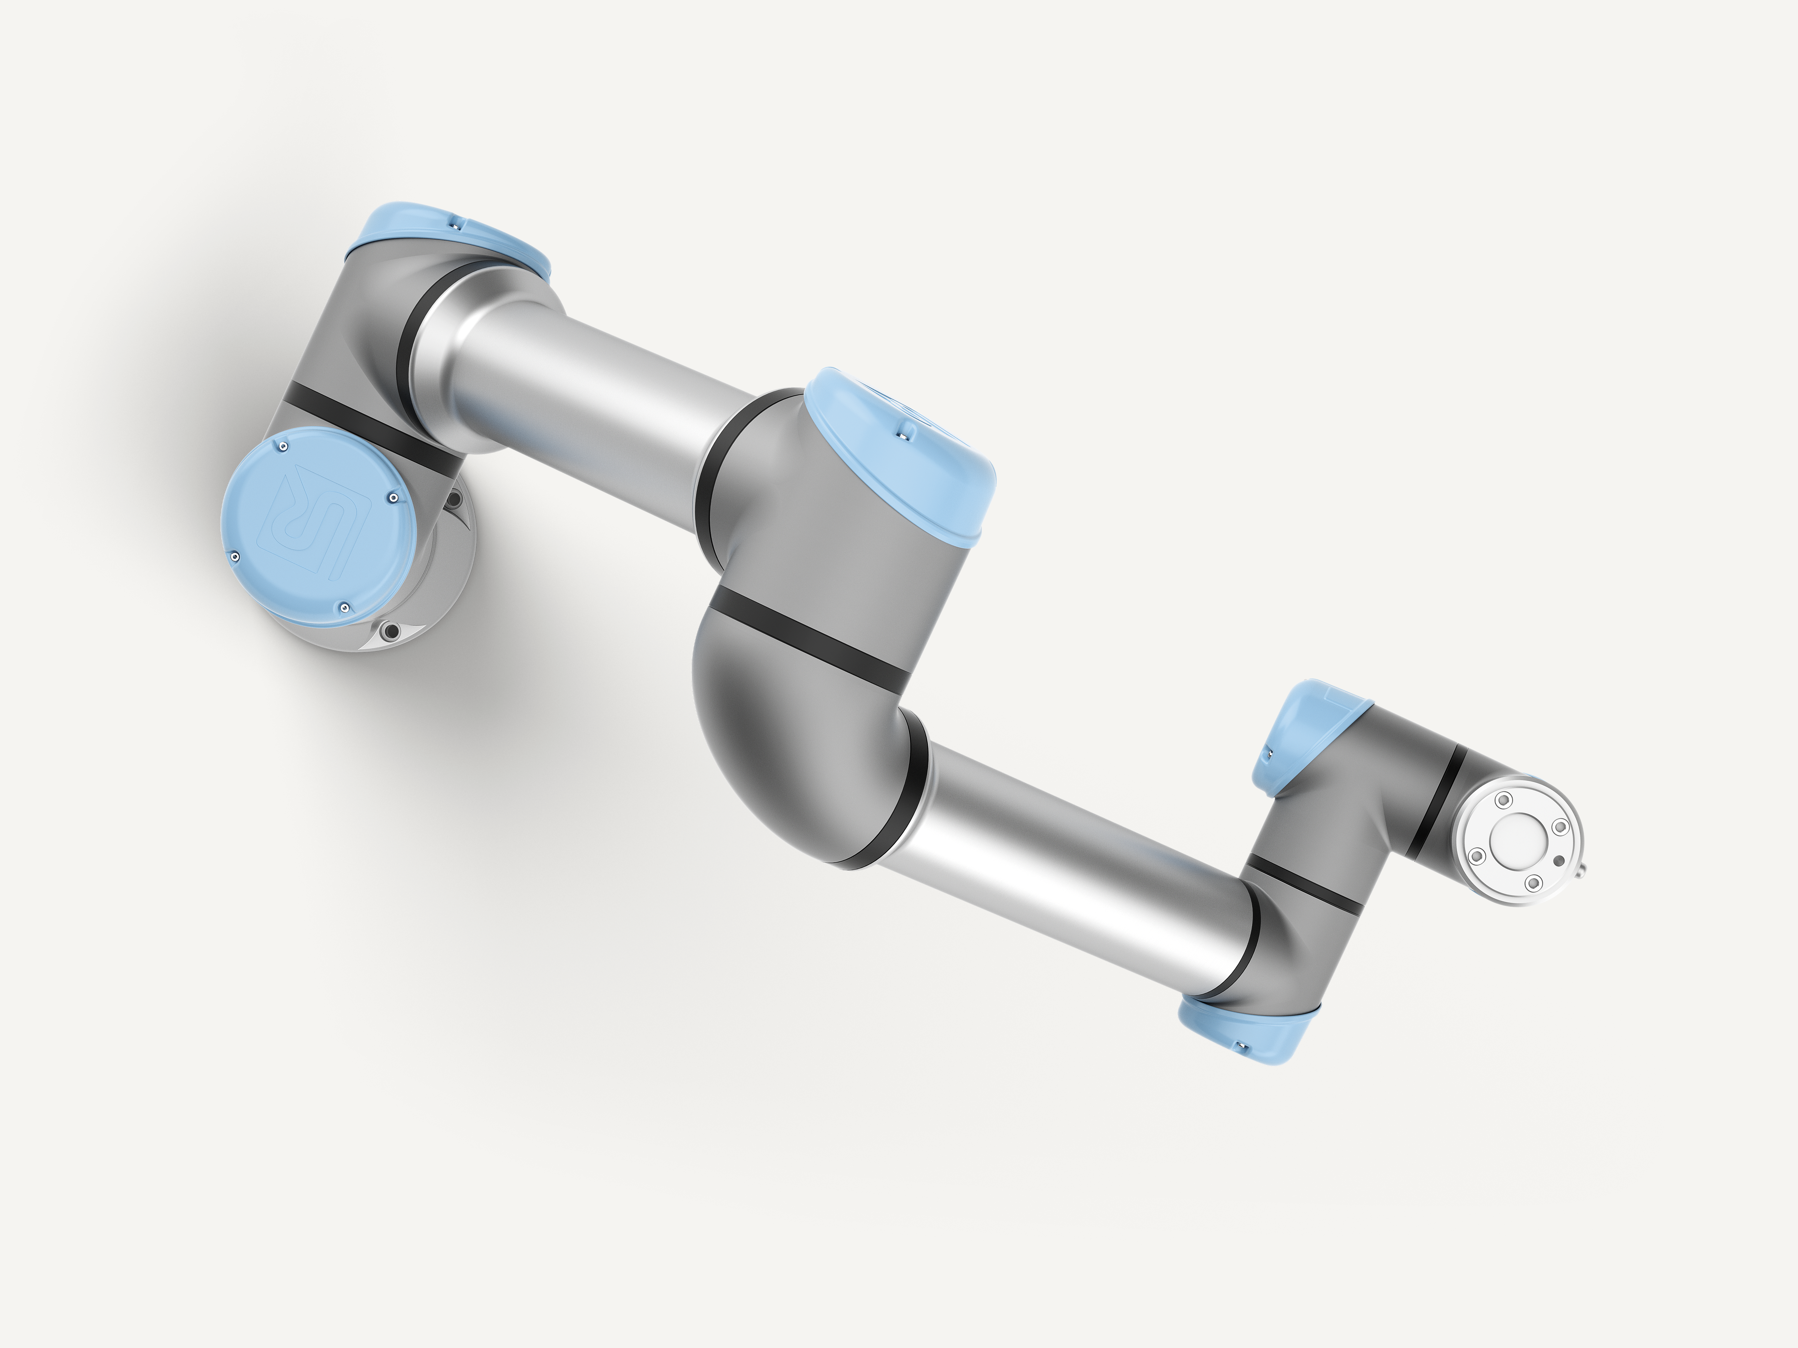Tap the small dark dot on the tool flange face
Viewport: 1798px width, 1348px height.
1558,861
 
